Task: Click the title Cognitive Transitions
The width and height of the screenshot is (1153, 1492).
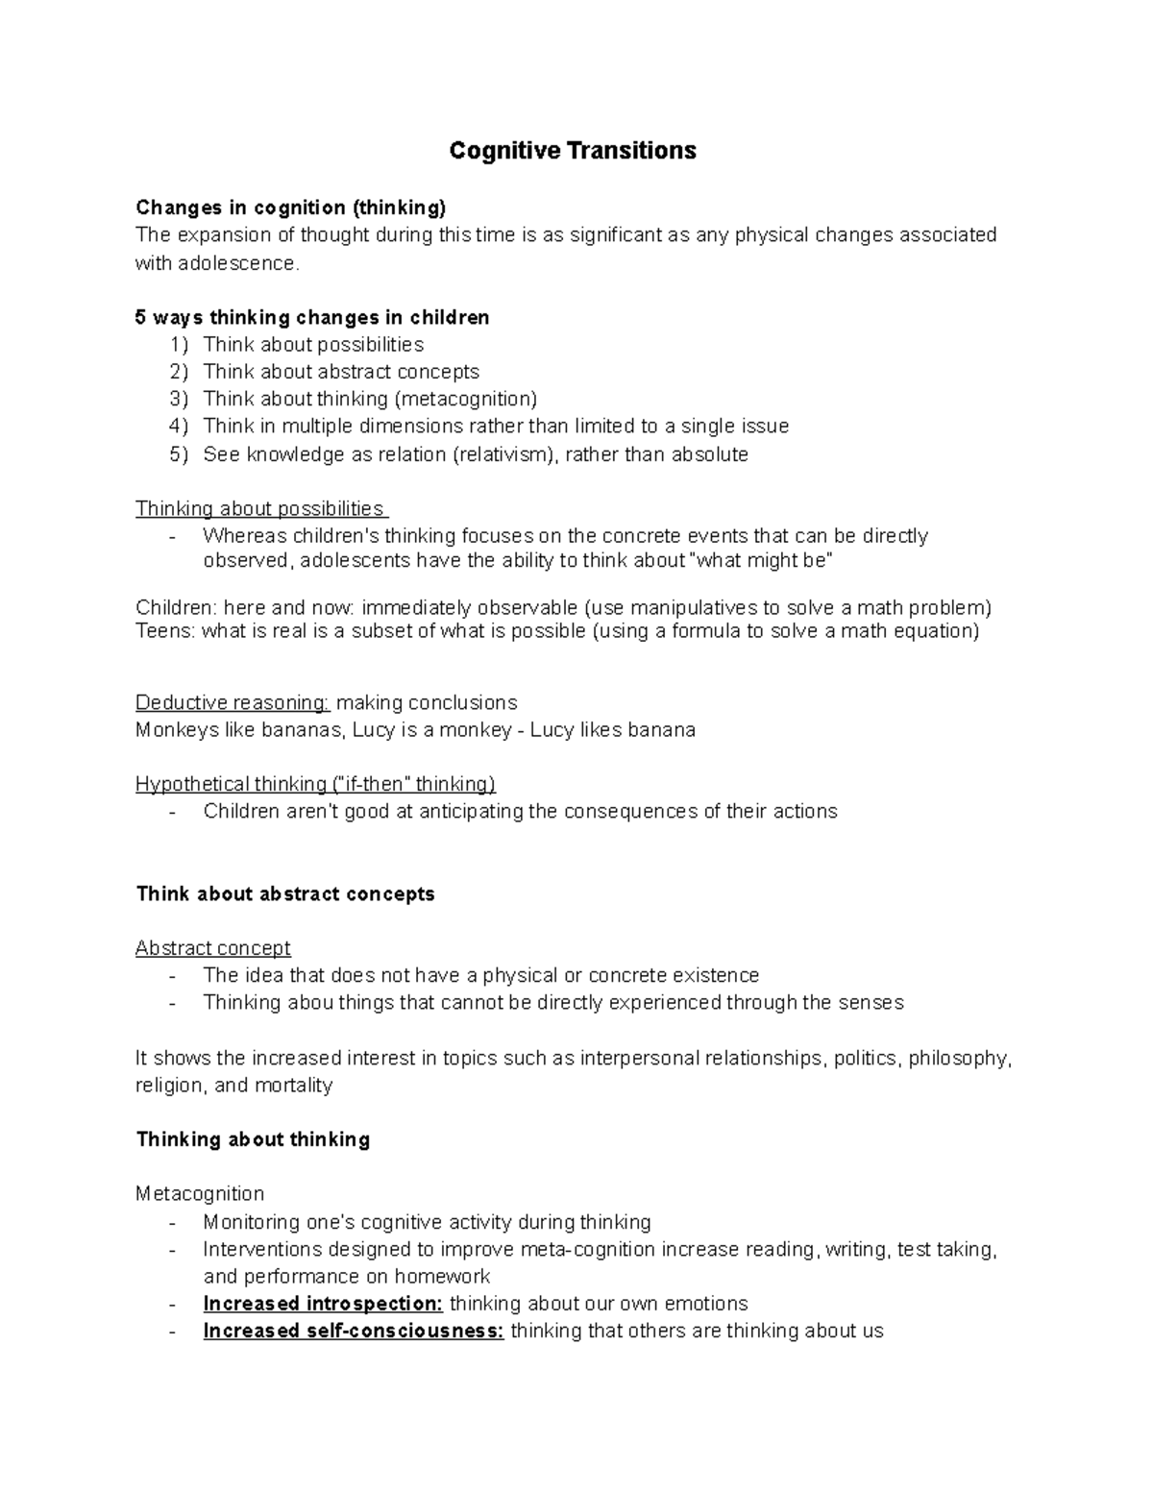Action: click(573, 151)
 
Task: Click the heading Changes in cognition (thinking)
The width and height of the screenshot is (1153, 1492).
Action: click(290, 208)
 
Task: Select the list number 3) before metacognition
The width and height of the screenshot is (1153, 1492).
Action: click(180, 399)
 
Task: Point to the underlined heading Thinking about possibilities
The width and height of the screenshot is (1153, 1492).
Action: click(259, 508)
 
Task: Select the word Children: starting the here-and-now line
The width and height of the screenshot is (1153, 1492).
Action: click(176, 607)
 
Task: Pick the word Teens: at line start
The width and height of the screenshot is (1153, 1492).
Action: click(165, 631)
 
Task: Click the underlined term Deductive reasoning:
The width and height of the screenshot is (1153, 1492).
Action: click(233, 702)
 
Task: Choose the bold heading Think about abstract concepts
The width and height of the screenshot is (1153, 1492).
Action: click(285, 893)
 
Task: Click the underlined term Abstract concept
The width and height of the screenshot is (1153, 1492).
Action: click(212, 948)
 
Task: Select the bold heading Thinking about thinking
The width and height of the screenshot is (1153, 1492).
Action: click(253, 1139)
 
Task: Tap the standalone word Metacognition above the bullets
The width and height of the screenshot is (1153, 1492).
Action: click(199, 1194)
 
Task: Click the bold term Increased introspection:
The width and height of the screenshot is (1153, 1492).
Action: click(323, 1304)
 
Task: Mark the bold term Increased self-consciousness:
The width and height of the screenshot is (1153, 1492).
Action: click(354, 1332)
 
